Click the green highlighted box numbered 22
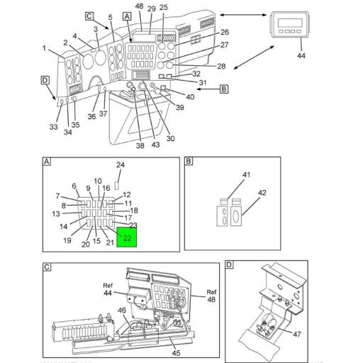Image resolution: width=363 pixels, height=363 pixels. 128,238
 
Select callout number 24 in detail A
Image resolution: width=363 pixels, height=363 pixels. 121,165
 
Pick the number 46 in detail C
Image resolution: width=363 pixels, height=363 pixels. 121,311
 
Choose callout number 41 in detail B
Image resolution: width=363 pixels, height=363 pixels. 247,174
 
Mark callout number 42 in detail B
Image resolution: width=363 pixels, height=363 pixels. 262,193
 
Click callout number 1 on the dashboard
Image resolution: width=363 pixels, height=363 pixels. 44,49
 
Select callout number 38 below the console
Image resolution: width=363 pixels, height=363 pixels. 140,145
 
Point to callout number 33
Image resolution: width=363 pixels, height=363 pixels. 53,128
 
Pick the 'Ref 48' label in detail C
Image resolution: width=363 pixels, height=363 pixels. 211,296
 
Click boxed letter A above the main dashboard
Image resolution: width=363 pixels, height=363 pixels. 127,15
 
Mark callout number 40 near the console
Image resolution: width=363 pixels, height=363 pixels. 190,96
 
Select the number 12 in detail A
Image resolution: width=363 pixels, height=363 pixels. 127,195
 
